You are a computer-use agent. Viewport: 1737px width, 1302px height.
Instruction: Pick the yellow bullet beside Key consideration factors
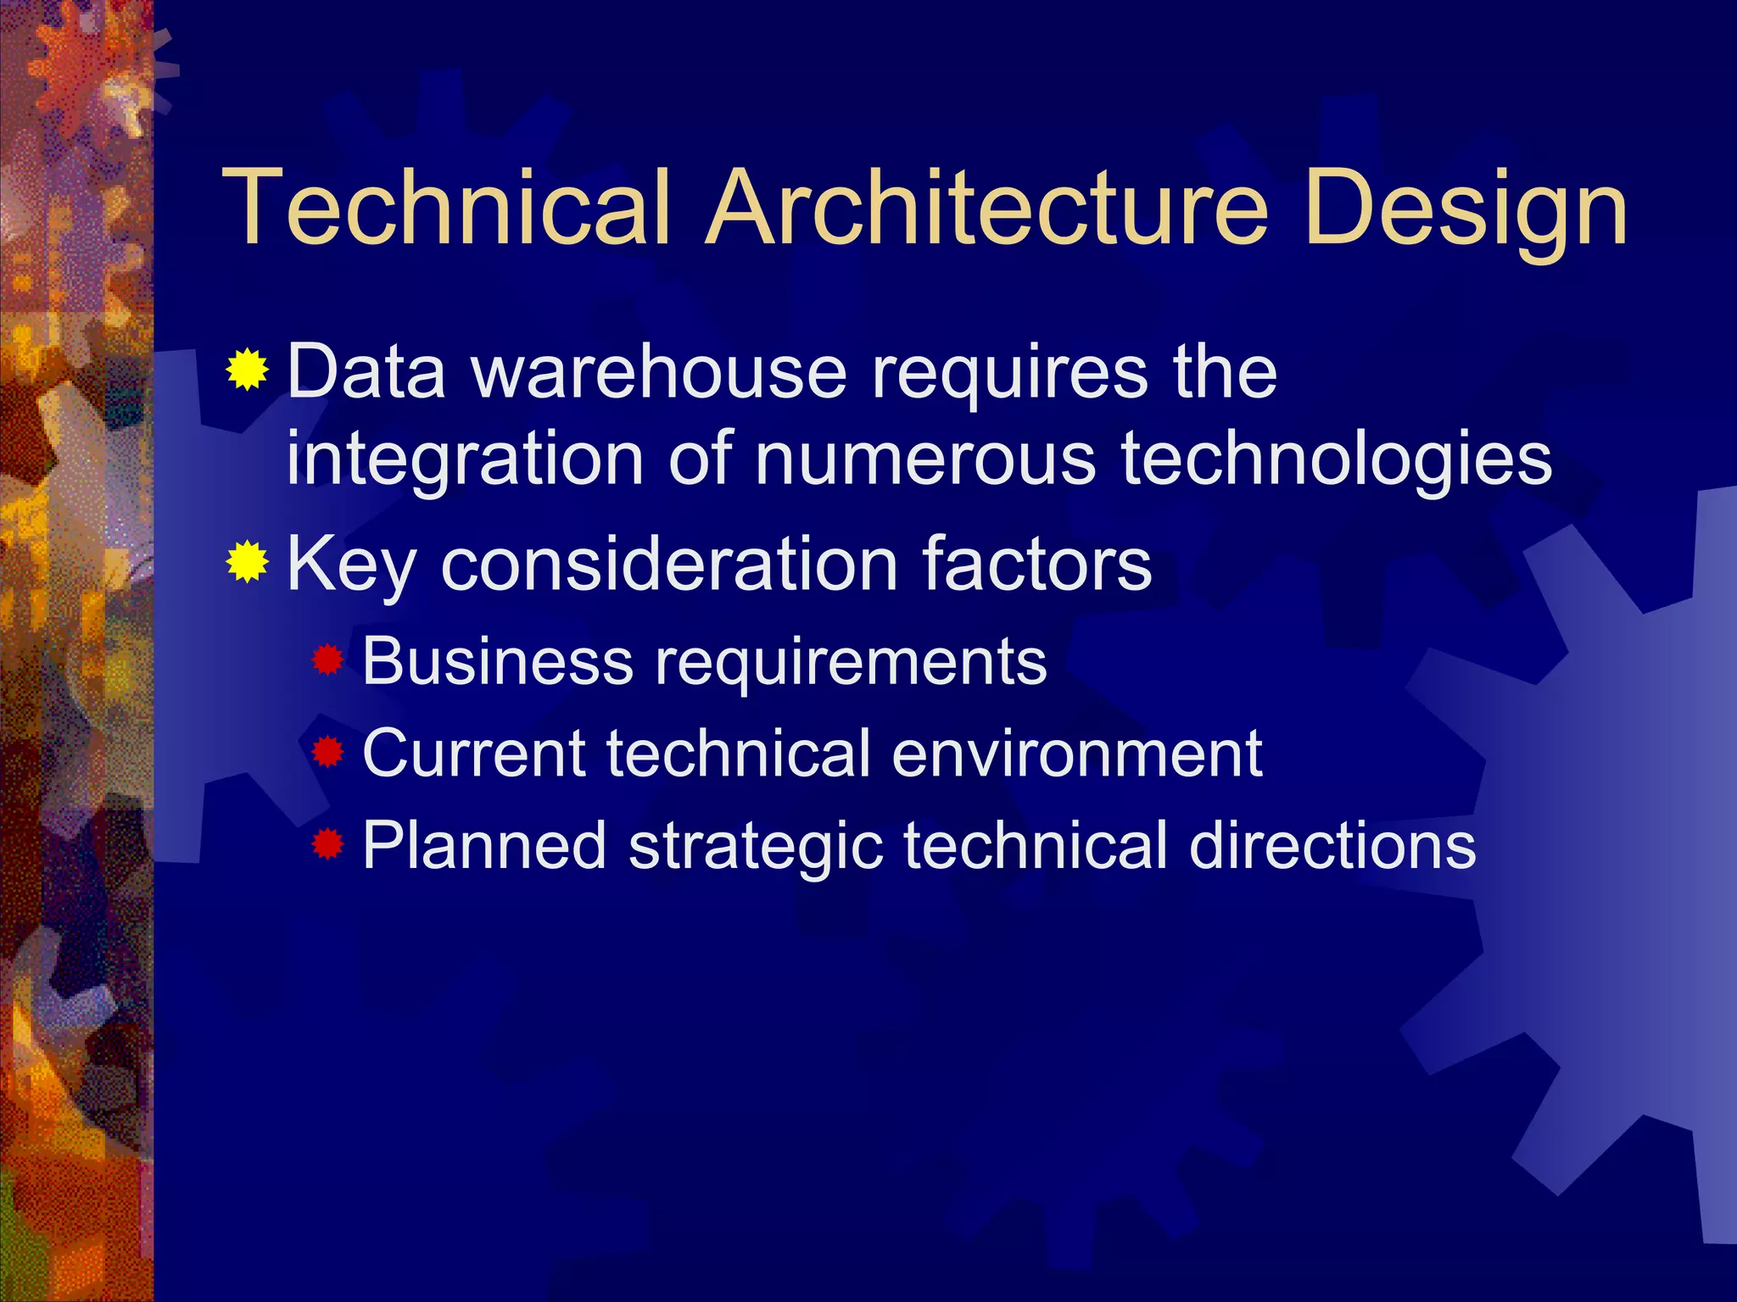(x=248, y=561)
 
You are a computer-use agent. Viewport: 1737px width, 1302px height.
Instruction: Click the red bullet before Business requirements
(x=327, y=660)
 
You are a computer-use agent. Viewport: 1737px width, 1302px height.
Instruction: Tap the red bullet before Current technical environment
(x=327, y=752)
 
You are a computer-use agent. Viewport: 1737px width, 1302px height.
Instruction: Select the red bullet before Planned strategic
(x=327, y=844)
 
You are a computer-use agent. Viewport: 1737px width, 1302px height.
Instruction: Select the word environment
(x=1077, y=753)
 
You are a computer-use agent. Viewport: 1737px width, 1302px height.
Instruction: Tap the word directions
(x=1332, y=845)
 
